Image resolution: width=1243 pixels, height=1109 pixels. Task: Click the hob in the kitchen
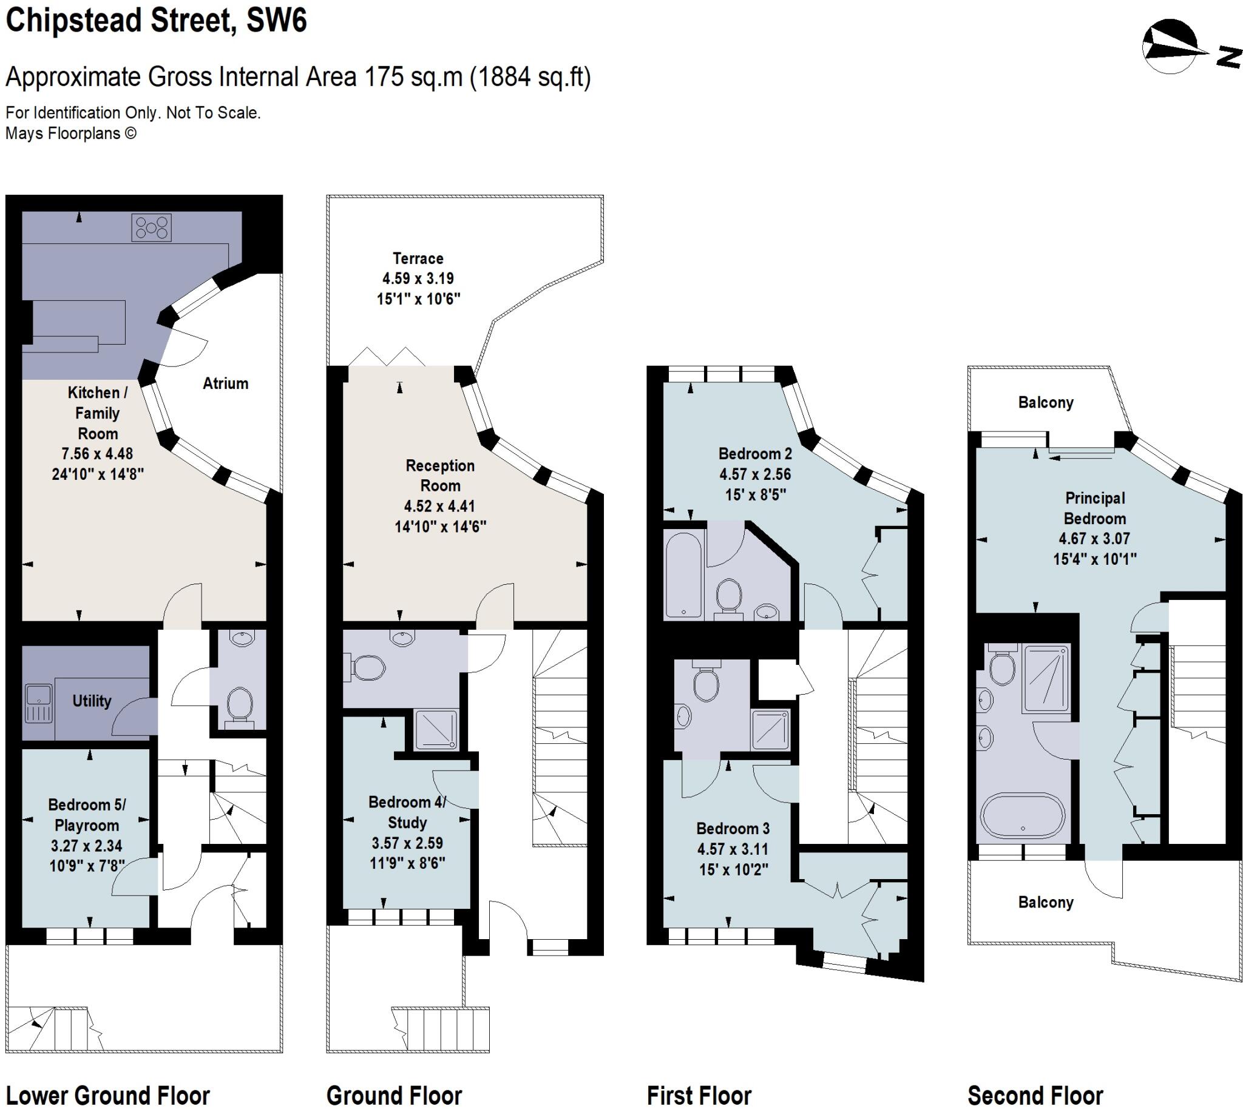(151, 228)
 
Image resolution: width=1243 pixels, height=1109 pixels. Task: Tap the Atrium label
(226, 383)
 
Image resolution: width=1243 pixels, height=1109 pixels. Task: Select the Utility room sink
(39, 702)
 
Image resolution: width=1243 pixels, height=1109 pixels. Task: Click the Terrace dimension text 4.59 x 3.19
(418, 278)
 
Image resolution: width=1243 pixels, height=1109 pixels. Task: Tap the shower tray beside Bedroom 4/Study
(435, 729)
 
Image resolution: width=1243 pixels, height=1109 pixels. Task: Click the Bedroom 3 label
(733, 828)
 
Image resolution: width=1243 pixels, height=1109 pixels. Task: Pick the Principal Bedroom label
(1095, 508)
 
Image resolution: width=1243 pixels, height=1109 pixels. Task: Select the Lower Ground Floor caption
(108, 1095)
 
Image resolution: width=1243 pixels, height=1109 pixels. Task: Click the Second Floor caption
(1035, 1095)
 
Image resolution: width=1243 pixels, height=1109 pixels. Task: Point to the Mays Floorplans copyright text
(71, 133)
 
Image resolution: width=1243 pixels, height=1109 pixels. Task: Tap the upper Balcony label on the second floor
(1046, 402)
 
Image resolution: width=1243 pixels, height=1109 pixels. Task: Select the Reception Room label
(440, 475)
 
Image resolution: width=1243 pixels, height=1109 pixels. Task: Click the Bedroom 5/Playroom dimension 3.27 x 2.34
(87, 846)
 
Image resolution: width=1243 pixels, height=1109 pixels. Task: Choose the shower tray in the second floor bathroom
(1046, 678)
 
